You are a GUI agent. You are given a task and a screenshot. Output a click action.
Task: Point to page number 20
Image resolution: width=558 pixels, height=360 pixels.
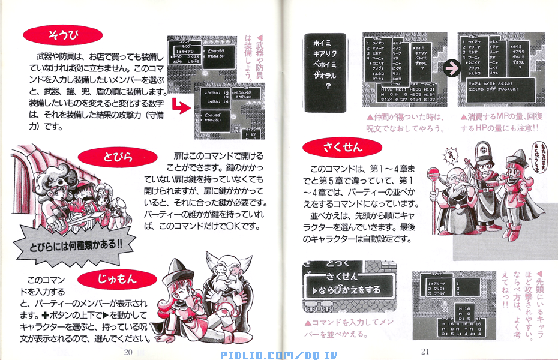pyautogui.click(x=127, y=352)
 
